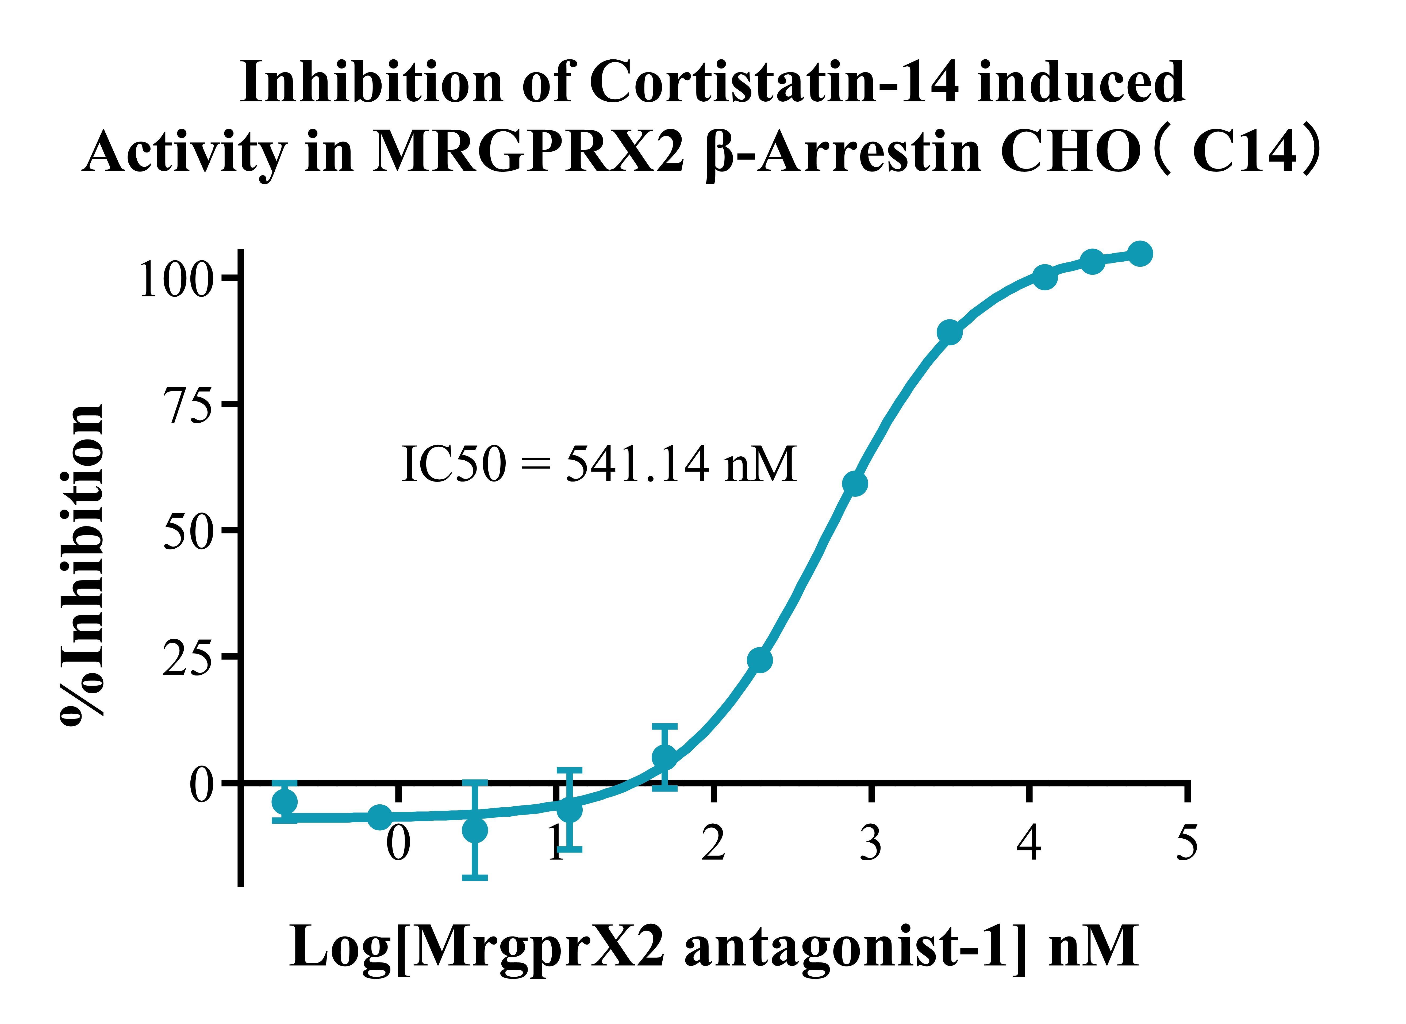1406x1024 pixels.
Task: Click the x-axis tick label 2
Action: coord(713,843)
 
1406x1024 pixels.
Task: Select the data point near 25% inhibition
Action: coord(759,660)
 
